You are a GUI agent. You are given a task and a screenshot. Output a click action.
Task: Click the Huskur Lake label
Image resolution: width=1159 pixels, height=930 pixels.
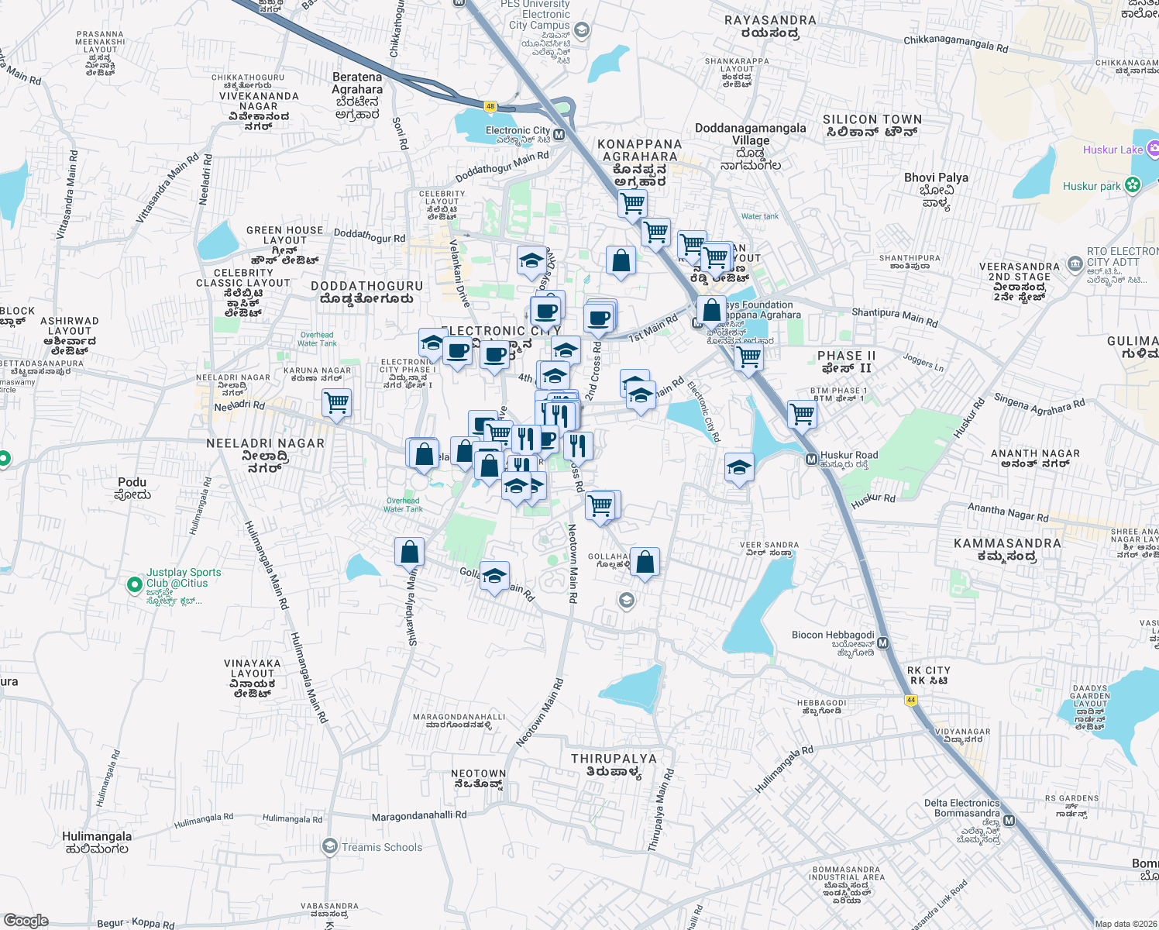[1113, 150]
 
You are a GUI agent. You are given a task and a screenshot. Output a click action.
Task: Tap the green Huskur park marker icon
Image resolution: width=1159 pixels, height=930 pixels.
[1133, 185]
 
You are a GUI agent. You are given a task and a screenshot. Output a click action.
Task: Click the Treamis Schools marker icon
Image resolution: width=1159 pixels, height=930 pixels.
[330, 846]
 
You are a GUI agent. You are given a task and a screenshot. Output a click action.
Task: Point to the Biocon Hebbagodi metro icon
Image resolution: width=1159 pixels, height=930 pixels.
[883, 643]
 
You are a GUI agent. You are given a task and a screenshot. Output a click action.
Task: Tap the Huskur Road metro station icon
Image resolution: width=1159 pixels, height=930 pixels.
[811, 460]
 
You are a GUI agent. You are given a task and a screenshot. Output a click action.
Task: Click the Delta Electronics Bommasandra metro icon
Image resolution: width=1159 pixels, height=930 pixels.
[1009, 820]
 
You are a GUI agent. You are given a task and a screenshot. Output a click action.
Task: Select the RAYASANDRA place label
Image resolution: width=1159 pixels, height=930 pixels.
[770, 20]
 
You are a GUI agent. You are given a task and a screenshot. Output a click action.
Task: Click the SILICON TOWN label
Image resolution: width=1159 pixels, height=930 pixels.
[872, 119]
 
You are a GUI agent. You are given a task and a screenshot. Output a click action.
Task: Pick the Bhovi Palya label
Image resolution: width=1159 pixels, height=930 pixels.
[936, 177]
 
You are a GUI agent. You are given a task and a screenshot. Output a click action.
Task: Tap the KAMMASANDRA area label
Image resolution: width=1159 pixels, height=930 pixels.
[1007, 543]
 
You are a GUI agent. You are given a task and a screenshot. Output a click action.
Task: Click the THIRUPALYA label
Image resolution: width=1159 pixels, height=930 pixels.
[614, 759]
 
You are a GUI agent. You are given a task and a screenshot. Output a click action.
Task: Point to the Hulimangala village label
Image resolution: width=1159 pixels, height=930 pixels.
[97, 836]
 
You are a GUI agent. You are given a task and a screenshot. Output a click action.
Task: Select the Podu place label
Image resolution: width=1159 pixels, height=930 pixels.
[132, 482]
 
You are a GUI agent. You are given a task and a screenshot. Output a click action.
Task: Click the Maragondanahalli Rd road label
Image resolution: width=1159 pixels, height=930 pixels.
[419, 815]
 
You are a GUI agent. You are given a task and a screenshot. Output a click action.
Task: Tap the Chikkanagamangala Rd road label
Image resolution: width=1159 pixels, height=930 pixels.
[956, 43]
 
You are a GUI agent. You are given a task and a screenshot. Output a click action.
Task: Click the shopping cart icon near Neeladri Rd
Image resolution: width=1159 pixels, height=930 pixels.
[337, 403]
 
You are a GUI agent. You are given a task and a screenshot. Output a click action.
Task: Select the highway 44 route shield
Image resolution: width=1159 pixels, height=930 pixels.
[911, 700]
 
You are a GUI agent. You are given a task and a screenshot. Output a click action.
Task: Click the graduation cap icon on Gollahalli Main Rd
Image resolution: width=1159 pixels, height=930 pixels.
[494, 576]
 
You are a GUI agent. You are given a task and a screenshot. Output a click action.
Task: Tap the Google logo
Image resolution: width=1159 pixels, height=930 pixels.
[26, 921]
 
